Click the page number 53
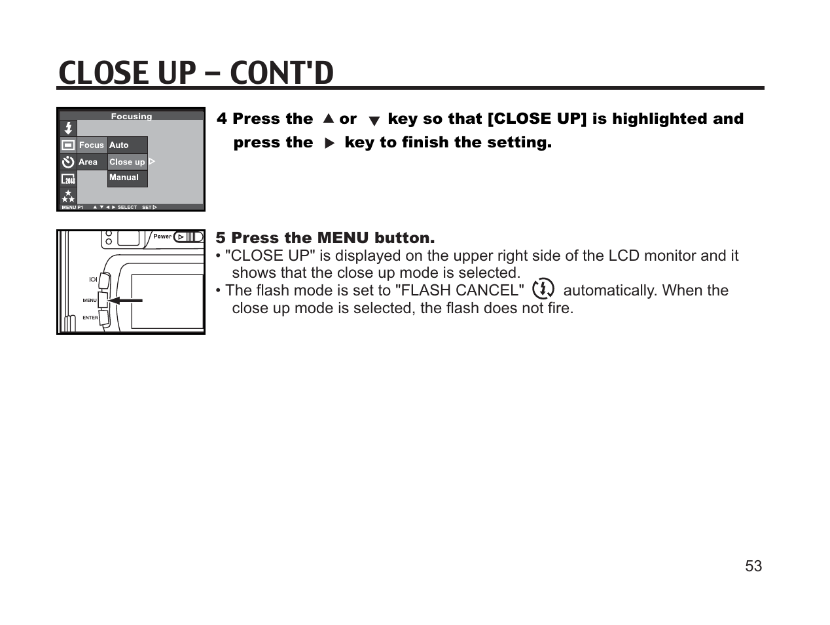[753, 566]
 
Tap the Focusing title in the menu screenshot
[131, 117]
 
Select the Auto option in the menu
[119, 145]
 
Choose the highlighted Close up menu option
[127, 162]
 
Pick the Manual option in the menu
[124, 178]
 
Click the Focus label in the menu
[92, 145]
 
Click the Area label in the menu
[88, 162]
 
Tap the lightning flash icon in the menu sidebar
[68, 128]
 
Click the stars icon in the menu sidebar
[68, 196]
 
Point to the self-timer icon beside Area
[68, 162]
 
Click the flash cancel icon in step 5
[543, 289]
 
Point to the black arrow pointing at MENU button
[125, 300]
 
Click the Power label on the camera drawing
[162, 237]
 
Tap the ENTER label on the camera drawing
[90, 318]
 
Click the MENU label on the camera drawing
[90, 300]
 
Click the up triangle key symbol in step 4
[329, 119]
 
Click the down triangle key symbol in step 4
[374, 121]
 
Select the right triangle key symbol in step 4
[329, 143]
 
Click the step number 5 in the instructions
[221, 238]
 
